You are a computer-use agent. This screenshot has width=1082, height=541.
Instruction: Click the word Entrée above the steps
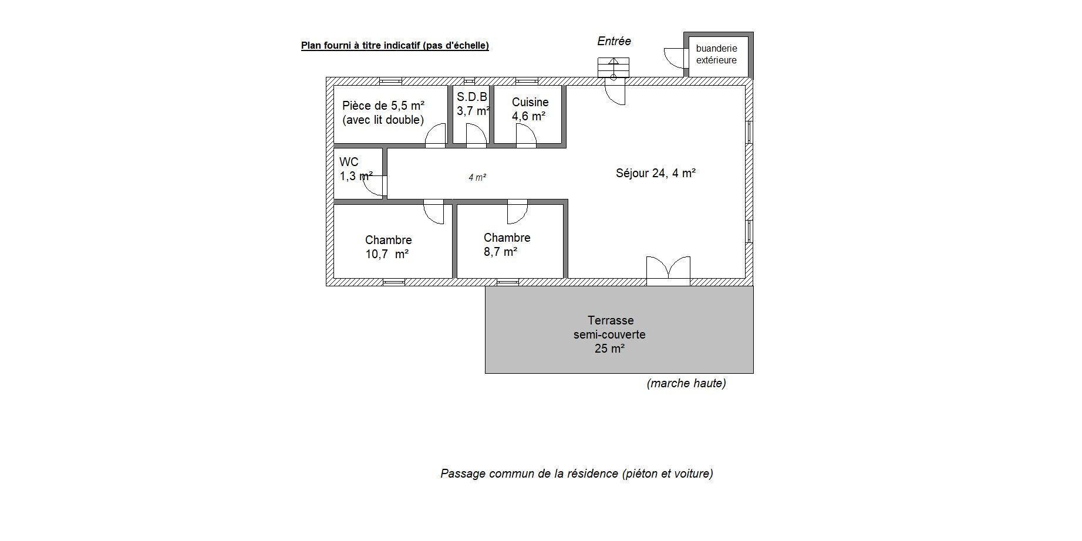614,41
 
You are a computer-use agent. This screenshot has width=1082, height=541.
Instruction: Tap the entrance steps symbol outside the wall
614,67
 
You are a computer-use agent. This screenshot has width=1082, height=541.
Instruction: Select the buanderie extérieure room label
716,54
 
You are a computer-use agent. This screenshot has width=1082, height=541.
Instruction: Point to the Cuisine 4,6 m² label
530,109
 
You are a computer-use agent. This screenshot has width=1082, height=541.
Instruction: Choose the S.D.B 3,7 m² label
473,104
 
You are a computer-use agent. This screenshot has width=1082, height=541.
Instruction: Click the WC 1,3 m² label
356,169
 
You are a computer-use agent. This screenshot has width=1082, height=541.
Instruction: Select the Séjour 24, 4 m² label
656,173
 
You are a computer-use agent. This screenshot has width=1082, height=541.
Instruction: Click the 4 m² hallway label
477,177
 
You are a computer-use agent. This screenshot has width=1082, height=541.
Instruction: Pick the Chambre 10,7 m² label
387,247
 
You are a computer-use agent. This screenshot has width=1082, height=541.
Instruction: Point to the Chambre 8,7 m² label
507,245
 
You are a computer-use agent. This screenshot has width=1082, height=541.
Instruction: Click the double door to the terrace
668,270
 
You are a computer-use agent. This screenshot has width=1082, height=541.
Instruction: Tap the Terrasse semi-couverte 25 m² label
609,334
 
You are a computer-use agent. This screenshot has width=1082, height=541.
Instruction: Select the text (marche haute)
686,383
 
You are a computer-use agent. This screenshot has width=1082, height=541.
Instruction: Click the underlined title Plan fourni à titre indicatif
395,45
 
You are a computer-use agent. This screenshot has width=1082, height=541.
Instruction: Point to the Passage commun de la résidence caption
577,474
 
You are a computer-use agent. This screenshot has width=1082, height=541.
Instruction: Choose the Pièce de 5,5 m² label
383,113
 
